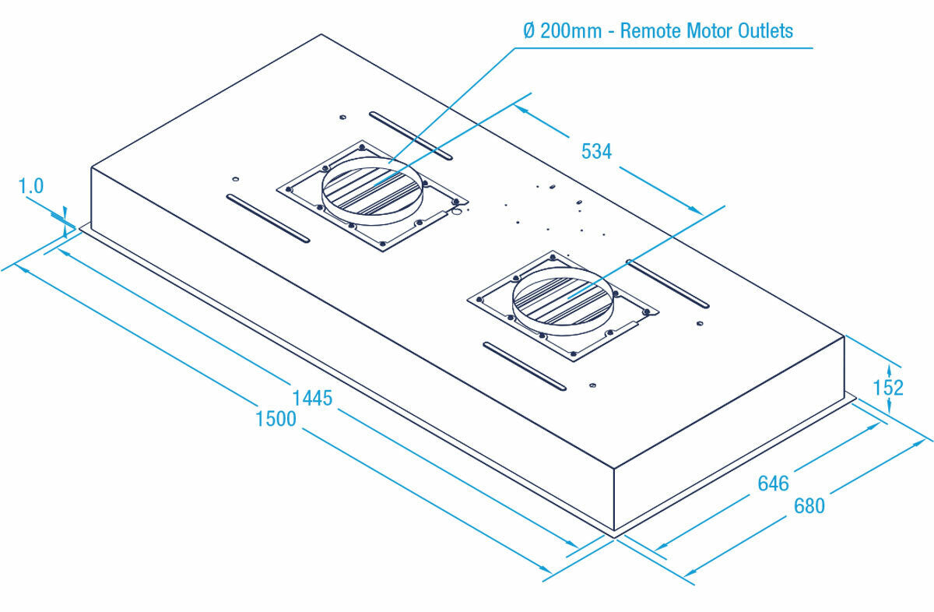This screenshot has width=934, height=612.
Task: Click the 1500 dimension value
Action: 276,419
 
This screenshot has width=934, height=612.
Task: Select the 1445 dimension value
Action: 312,399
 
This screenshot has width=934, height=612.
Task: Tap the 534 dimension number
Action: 597,151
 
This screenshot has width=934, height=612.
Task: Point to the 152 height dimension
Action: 888,387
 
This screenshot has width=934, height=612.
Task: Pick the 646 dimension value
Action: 774,484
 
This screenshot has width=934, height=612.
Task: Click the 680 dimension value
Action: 809,505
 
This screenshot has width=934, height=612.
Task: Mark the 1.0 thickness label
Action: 30,186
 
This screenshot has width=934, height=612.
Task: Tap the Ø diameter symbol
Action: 529,31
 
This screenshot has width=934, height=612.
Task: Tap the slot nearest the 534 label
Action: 411,135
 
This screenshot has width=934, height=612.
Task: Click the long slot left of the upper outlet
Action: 268,217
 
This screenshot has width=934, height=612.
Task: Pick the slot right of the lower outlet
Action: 668,283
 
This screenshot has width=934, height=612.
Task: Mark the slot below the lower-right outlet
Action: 525,365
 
